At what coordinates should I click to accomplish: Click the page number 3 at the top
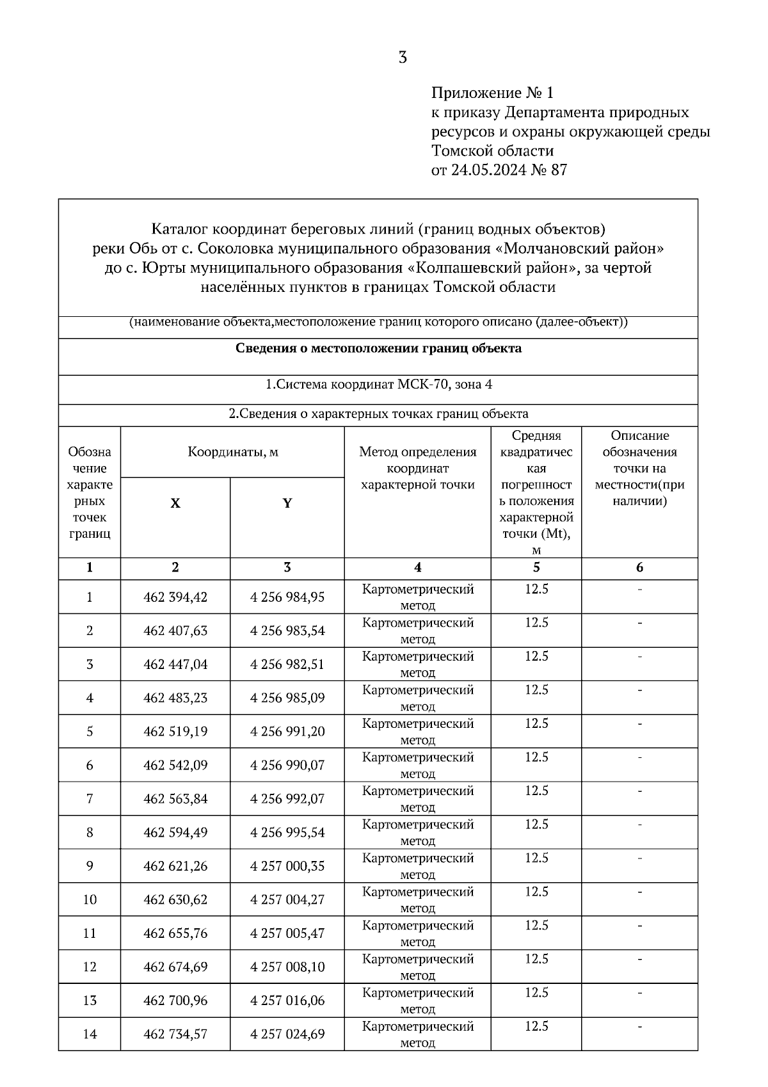(x=403, y=58)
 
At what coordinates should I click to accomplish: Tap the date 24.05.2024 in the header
(x=488, y=170)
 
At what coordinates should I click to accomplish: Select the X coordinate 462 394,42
(x=175, y=597)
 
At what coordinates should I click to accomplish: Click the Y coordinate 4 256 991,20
(x=287, y=732)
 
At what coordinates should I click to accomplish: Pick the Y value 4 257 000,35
(x=287, y=866)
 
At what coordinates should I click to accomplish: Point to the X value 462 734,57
(x=175, y=1034)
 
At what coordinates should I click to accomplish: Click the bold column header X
(x=175, y=503)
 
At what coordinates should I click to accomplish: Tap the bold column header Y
(x=287, y=503)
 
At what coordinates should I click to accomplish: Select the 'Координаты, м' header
(x=233, y=452)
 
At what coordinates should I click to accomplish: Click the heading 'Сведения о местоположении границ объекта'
(x=378, y=348)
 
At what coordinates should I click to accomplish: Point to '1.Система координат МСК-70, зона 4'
(x=378, y=385)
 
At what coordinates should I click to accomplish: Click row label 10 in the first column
(x=90, y=899)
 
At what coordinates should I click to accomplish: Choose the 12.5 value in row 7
(x=536, y=791)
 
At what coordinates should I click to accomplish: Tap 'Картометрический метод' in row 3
(x=418, y=664)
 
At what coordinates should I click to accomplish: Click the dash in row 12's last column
(x=639, y=959)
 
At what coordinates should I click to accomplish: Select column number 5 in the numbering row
(x=536, y=567)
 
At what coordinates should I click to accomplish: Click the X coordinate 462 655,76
(x=175, y=933)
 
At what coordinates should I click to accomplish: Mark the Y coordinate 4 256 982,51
(x=287, y=664)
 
